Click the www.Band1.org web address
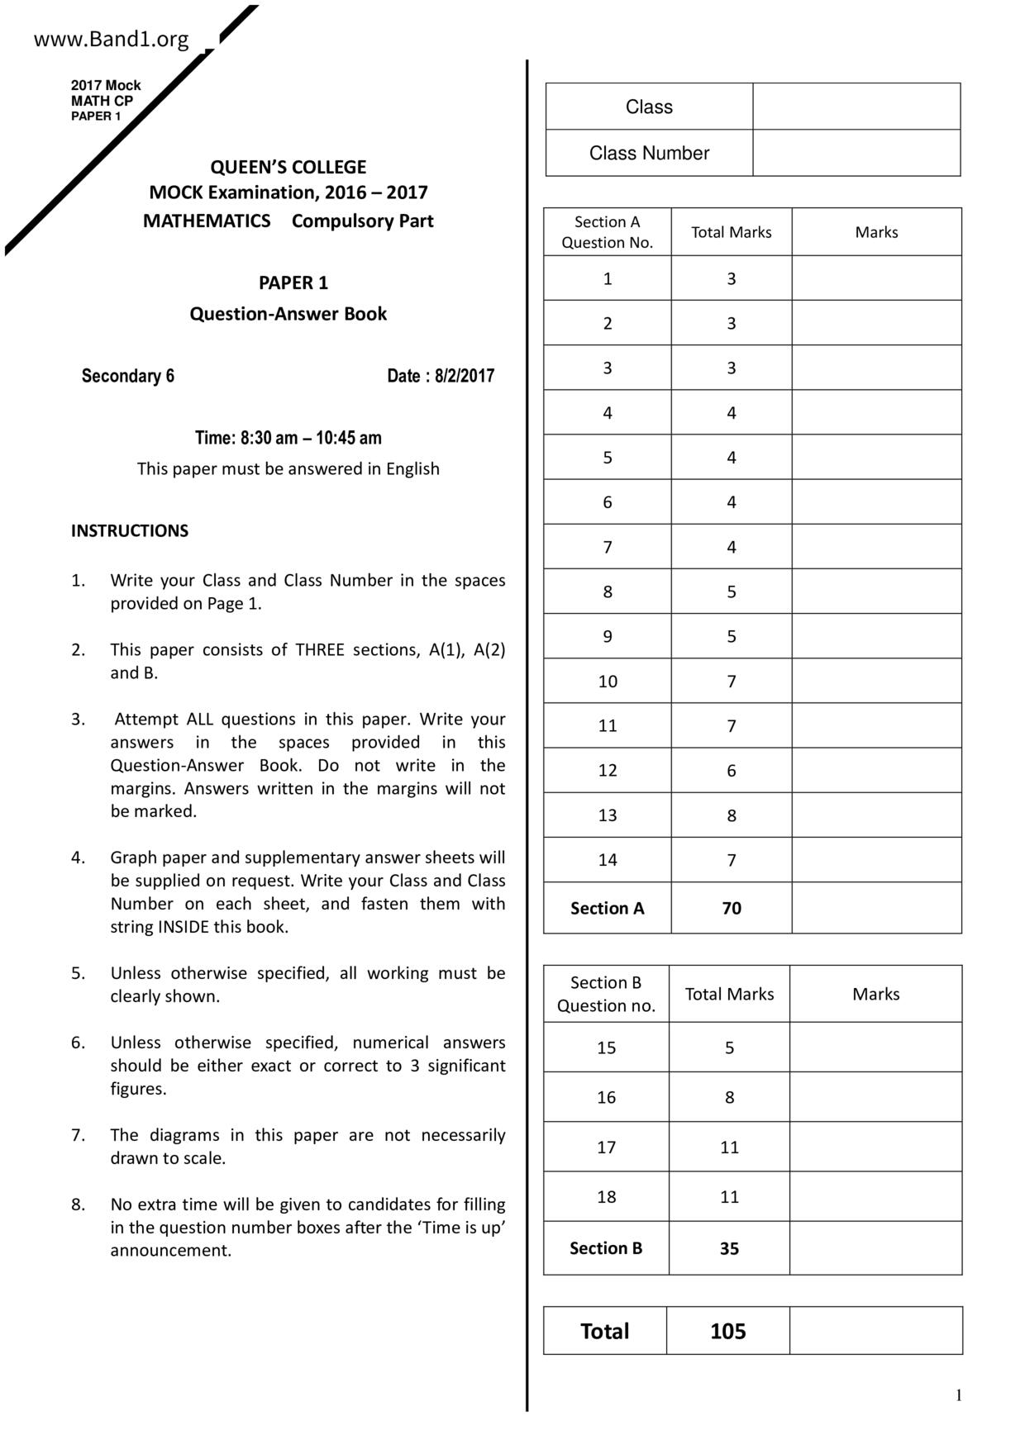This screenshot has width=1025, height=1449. (x=111, y=39)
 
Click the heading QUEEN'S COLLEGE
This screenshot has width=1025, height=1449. (x=288, y=167)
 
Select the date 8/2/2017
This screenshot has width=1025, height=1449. (x=464, y=376)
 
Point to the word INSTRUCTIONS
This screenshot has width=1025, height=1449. (x=130, y=530)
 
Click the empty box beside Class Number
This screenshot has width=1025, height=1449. (x=856, y=153)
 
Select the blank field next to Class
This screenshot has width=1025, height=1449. (x=856, y=107)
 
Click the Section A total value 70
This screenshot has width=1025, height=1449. (x=732, y=908)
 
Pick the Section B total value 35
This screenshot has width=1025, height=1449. (x=729, y=1248)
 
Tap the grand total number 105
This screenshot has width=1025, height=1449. (x=727, y=1331)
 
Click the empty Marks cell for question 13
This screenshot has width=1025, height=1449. (x=876, y=815)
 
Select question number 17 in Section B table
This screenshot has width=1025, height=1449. (x=607, y=1147)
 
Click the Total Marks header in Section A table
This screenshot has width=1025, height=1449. (x=732, y=232)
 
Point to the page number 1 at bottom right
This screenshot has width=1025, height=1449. (x=959, y=1395)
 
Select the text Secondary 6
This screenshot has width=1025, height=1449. (x=128, y=376)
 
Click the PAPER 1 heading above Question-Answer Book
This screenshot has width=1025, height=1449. (x=293, y=283)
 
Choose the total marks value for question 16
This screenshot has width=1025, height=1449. (x=729, y=1097)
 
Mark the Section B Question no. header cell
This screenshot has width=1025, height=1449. (x=606, y=994)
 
